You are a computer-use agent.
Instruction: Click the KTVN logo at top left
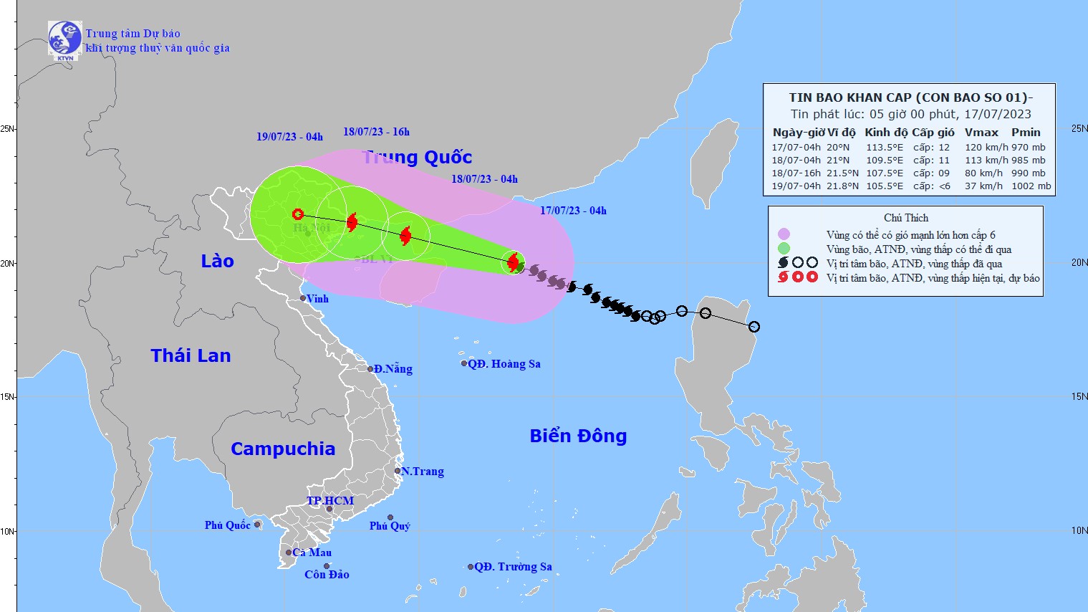(x=64, y=39)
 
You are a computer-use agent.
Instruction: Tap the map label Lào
(x=217, y=261)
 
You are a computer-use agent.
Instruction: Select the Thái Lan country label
(x=191, y=355)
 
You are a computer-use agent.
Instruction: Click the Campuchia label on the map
(x=282, y=449)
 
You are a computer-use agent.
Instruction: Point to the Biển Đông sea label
(x=578, y=436)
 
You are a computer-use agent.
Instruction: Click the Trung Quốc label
(x=417, y=158)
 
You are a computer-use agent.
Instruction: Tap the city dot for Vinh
(x=303, y=298)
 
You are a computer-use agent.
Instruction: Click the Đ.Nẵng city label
(x=393, y=369)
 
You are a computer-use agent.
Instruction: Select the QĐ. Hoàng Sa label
(x=504, y=364)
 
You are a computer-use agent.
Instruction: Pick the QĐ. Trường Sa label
(x=513, y=567)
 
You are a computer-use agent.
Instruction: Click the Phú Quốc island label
(x=227, y=525)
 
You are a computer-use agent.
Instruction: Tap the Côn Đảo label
(x=327, y=575)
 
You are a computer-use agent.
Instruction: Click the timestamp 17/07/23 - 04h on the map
(x=573, y=211)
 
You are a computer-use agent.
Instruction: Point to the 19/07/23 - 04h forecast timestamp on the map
(x=289, y=137)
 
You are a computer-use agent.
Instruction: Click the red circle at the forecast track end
(x=298, y=214)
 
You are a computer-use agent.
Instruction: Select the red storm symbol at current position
(x=513, y=262)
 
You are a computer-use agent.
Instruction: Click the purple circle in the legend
(x=784, y=234)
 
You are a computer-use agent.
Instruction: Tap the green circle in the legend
(x=784, y=249)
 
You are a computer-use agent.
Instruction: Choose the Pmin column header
(x=1026, y=132)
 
